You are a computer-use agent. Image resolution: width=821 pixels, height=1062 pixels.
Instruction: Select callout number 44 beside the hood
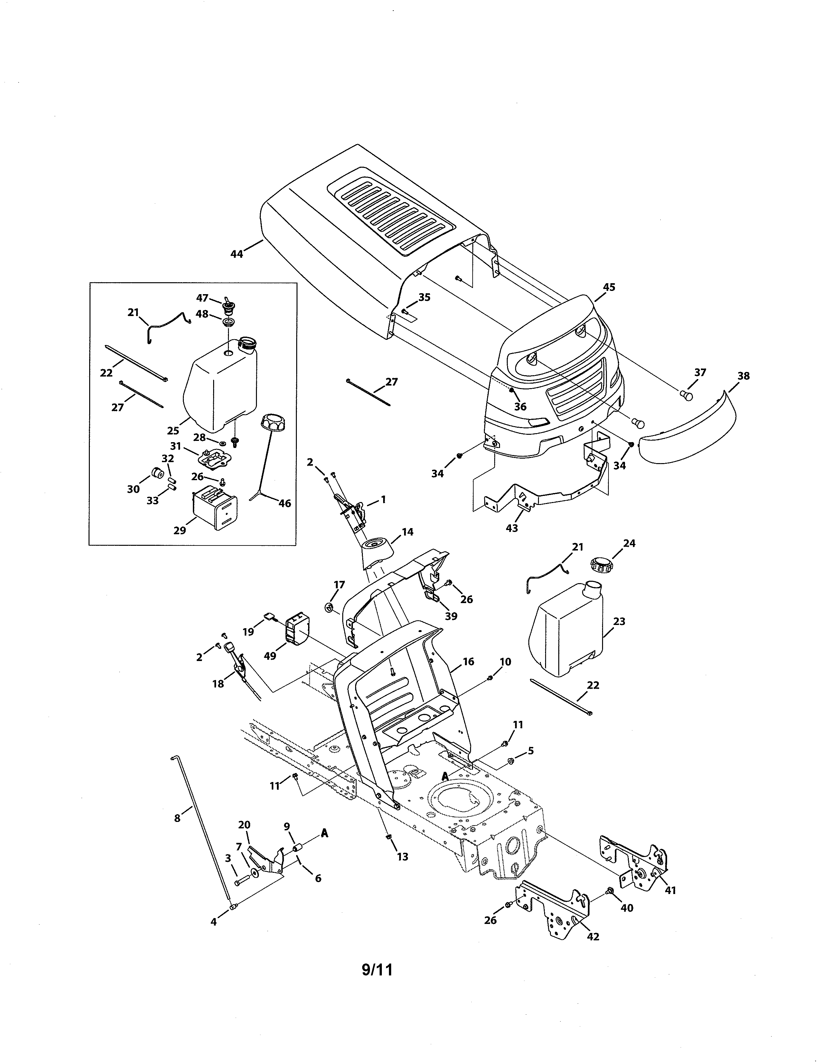pyautogui.click(x=237, y=254)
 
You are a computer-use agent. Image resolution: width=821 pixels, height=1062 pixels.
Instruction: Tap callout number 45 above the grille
pyautogui.click(x=609, y=287)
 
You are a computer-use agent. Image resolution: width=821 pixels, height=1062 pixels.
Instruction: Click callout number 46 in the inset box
pyautogui.click(x=285, y=503)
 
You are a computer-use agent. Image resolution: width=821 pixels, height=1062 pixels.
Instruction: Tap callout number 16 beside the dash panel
pyautogui.click(x=468, y=661)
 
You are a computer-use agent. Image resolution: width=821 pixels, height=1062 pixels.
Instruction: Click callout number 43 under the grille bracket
pyautogui.click(x=512, y=527)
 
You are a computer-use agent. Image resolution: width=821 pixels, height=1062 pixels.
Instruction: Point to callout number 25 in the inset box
pyautogui.click(x=173, y=430)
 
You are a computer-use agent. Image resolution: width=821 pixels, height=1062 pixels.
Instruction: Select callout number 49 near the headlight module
pyautogui.click(x=270, y=656)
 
